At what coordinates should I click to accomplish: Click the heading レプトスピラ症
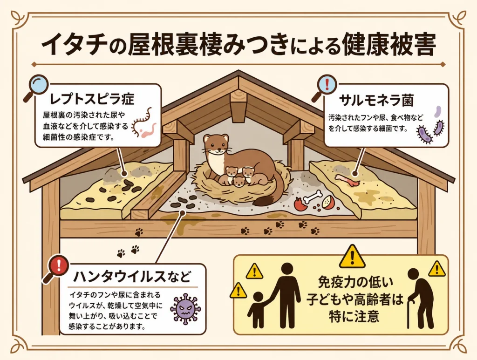92,99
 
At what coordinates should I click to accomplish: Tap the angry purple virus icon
183,308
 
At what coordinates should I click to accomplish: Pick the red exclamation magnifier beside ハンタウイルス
56,269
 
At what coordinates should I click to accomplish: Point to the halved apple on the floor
327,201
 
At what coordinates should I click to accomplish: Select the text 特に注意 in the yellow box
354,315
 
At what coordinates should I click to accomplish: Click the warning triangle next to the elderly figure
437,268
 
